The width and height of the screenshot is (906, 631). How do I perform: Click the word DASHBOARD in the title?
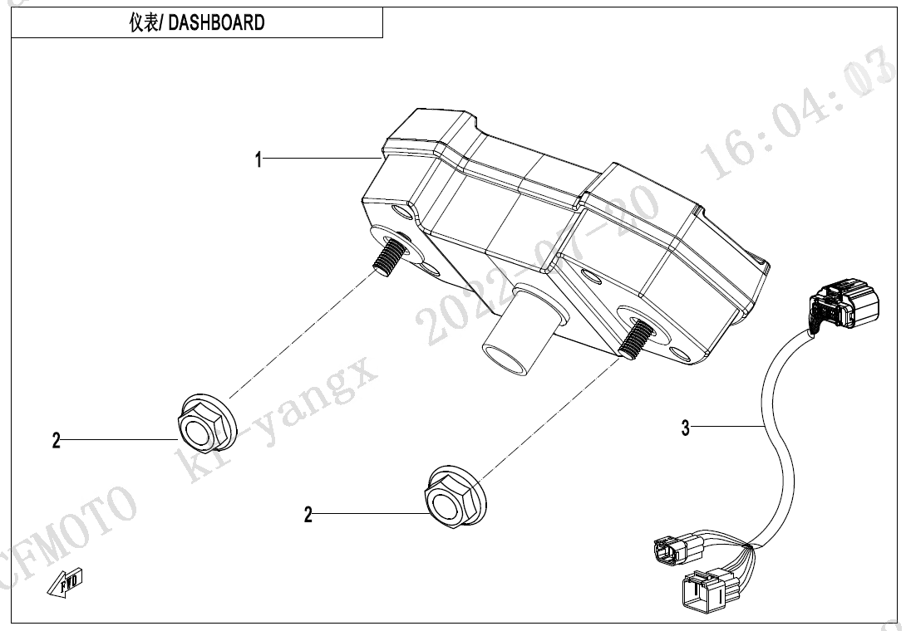[x=217, y=23]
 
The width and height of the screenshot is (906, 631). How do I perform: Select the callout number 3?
[x=685, y=428]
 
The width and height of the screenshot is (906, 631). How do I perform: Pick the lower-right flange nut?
[x=455, y=496]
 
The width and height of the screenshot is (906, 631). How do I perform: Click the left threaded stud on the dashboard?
[x=387, y=252]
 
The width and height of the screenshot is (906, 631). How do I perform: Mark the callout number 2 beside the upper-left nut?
[x=57, y=441]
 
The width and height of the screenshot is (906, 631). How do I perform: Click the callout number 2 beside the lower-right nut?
[x=308, y=516]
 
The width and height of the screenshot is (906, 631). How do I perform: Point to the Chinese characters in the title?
[x=143, y=23]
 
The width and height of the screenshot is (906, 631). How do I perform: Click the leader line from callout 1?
[x=320, y=158]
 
